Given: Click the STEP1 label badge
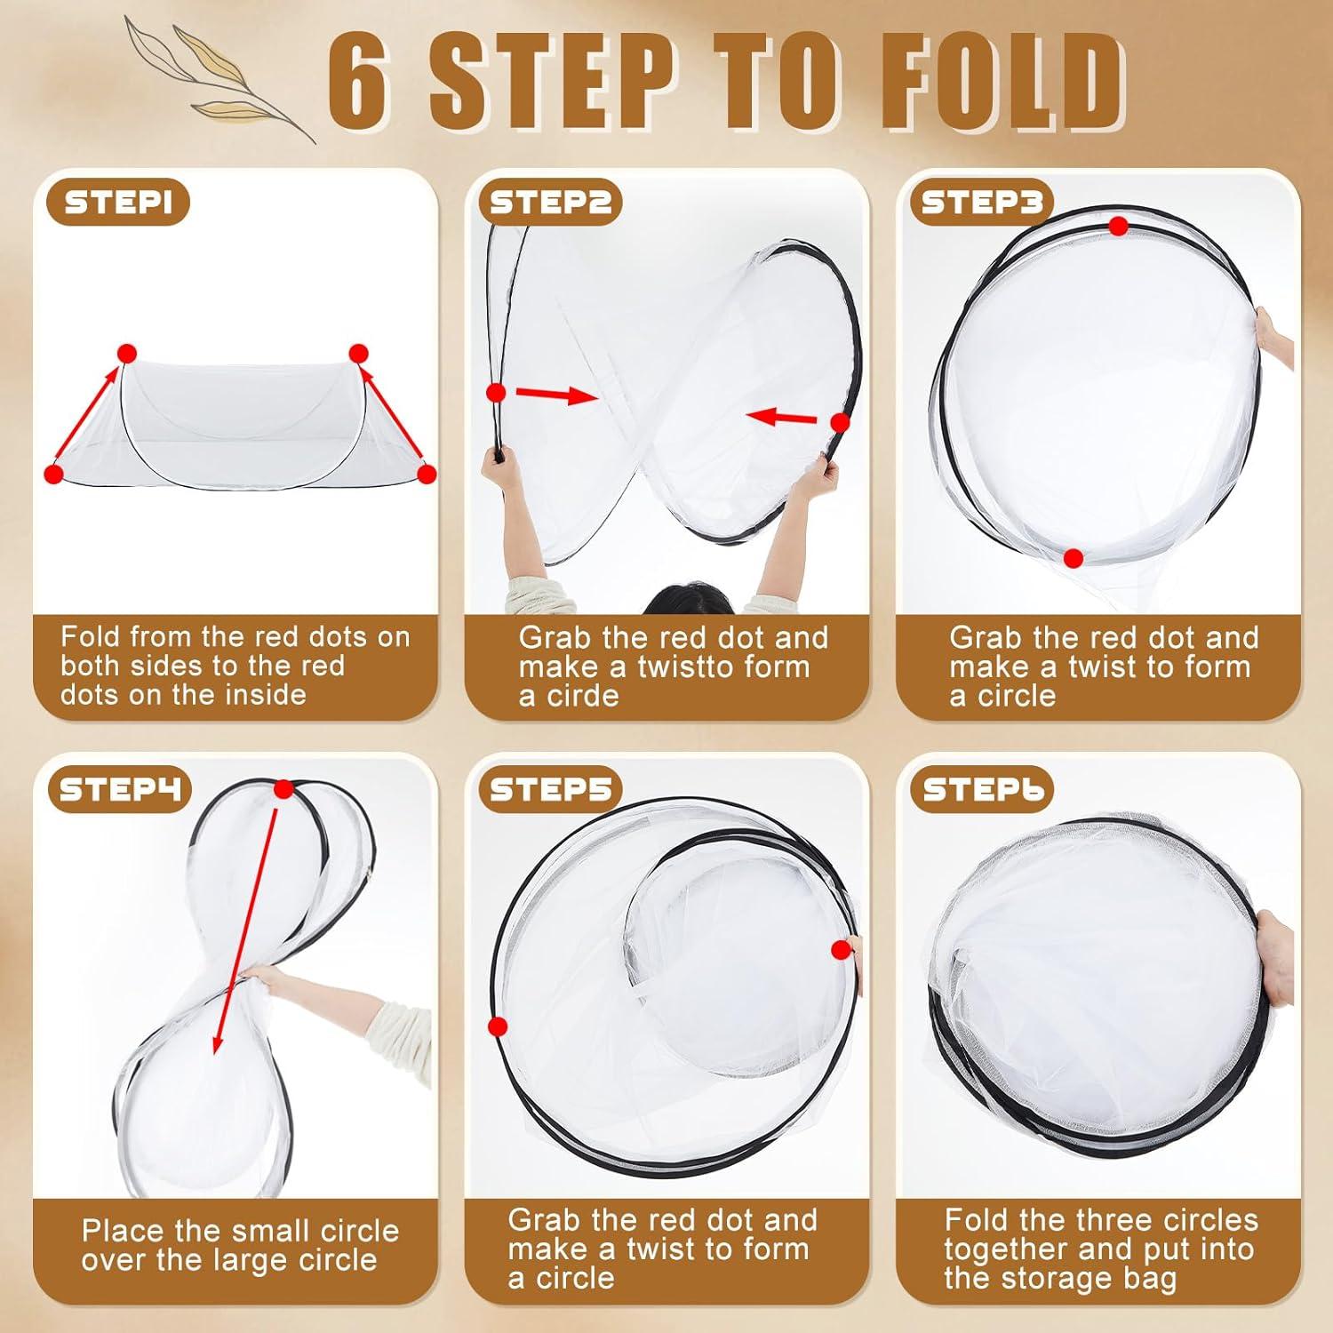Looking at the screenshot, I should pyautogui.click(x=125, y=204).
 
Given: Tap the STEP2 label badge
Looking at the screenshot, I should pyautogui.click(x=550, y=204).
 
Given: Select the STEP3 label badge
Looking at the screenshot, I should pyautogui.click(x=981, y=204).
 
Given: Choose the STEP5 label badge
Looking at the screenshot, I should pyautogui.click(x=550, y=789).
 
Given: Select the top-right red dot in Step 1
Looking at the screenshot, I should pyautogui.click(x=358, y=354).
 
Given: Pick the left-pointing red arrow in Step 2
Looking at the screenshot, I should pyautogui.click(x=782, y=416).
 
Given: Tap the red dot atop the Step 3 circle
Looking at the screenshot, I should pyautogui.click(x=1118, y=227).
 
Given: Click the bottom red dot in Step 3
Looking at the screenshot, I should pyautogui.click(x=1074, y=558).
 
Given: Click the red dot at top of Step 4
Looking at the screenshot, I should pyautogui.click(x=283, y=789).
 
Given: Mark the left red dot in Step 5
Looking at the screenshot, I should pyautogui.click(x=498, y=1026).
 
